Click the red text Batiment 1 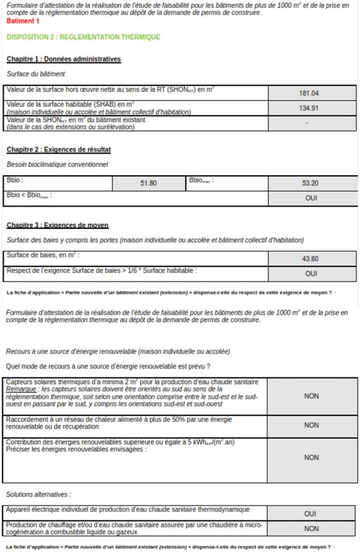pyautogui.click(x=23, y=21)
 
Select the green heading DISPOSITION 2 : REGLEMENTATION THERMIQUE pyautogui.click(x=83, y=37)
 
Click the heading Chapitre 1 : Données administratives pyautogui.click(x=64, y=59)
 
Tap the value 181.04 pyautogui.click(x=309, y=94)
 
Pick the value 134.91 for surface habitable pyautogui.click(x=309, y=108)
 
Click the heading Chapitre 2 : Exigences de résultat pyautogui.click(x=59, y=150)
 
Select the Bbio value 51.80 pyautogui.click(x=148, y=183)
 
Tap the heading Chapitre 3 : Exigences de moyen pyautogui.click(x=57, y=225)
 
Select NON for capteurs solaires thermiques pyautogui.click(x=312, y=397)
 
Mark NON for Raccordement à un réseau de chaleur pyautogui.click(x=312, y=425)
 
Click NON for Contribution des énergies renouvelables pyautogui.click(x=312, y=458)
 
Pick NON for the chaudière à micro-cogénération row pyautogui.click(x=312, y=528)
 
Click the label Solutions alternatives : pyautogui.click(x=38, y=494)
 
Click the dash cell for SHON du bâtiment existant pyautogui.click(x=307, y=123)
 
